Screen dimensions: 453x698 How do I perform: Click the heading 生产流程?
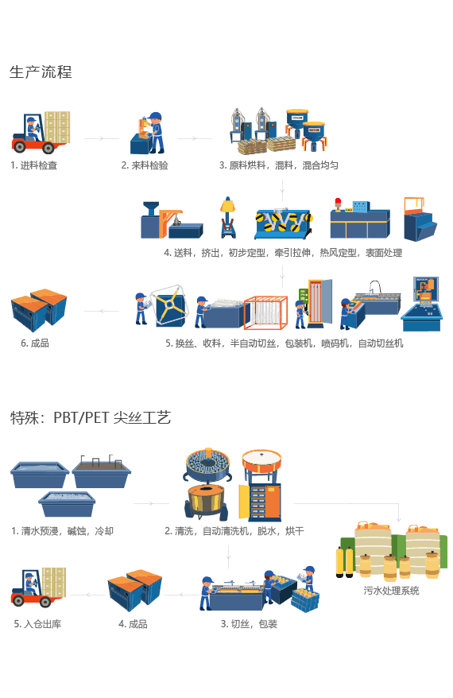click(41, 72)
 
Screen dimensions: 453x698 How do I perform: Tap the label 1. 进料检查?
click(34, 165)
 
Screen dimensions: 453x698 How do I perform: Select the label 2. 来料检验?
click(145, 165)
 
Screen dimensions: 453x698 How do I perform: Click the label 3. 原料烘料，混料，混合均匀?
click(279, 165)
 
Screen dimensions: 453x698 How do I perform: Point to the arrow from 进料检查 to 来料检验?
click(102, 138)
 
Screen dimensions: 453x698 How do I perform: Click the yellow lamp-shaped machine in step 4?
click(227, 217)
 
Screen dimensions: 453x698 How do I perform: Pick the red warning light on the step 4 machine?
click(338, 203)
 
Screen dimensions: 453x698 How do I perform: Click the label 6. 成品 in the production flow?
click(35, 343)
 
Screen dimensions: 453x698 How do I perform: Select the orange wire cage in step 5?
click(265, 313)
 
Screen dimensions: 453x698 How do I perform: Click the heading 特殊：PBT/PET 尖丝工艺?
click(91, 417)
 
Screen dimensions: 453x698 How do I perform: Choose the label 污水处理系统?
click(391, 591)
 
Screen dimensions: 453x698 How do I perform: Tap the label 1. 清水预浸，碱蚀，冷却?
click(62, 531)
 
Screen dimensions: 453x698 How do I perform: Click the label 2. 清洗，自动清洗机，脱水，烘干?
click(234, 531)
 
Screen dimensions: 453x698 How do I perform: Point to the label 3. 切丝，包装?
click(249, 624)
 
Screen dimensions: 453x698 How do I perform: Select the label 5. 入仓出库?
click(37, 624)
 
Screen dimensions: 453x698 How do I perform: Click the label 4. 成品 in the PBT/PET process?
click(133, 624)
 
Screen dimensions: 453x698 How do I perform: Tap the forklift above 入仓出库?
click(38, 587)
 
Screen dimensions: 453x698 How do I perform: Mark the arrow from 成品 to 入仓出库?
click(88, 595)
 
